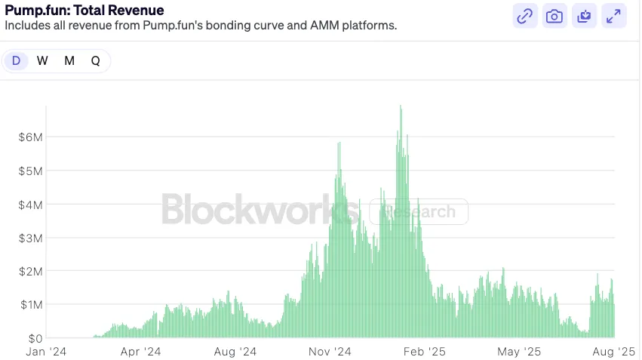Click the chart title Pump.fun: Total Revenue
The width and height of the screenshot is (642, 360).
point(84,10)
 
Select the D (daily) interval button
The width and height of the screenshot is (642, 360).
point(16,61)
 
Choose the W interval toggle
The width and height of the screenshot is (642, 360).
point(42,61)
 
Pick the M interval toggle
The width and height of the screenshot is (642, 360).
point(69,61)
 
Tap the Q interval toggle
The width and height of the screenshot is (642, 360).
point(96,61)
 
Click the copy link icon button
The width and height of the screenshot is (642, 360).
point(524,16)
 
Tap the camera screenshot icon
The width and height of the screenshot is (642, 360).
point(554,16)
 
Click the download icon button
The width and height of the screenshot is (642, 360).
point(584,16)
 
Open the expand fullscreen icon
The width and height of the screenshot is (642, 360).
point(614,16)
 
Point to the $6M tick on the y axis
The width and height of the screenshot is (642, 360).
point(31,137)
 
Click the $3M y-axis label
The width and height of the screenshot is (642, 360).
point(31,238)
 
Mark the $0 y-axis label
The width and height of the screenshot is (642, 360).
point(34,338)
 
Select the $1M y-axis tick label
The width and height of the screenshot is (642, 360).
point(31,304)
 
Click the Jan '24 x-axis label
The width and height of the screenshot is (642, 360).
point(46,352)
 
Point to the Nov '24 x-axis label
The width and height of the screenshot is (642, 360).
point(330,352)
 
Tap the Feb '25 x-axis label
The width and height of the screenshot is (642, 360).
point(425,352)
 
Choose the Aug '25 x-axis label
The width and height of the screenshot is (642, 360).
point(614,352)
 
